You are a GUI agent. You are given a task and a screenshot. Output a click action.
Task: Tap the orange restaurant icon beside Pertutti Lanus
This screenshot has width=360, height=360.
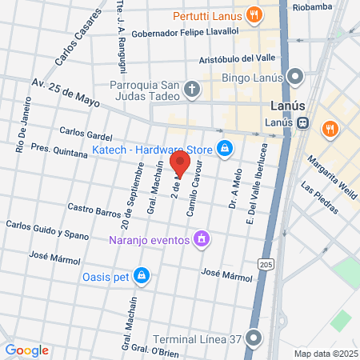[254, 14]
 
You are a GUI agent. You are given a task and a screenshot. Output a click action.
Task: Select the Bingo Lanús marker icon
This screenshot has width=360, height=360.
[295, 77]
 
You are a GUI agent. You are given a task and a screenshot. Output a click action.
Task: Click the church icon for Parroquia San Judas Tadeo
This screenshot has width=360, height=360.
[191, 89]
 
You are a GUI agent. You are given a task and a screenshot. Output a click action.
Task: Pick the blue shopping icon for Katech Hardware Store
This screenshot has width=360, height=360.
[226, 148]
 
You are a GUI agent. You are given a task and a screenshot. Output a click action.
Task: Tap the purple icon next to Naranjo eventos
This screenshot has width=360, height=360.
[202, 238]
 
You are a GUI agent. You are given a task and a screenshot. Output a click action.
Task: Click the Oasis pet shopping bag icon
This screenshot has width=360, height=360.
[142, 276]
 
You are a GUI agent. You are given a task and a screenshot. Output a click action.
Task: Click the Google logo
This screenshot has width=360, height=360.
[26, 350]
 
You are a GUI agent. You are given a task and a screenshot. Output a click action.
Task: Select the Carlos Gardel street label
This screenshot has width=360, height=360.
[85, 134]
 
